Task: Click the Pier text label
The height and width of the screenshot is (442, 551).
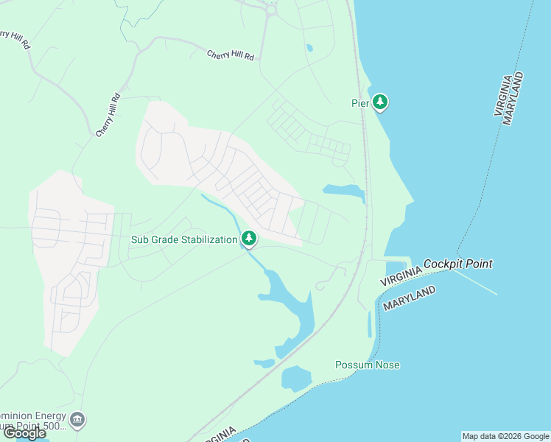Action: (359, 103)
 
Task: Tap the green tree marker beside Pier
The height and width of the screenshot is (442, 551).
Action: (379, 102)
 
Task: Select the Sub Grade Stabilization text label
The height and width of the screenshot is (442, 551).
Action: (184, 239)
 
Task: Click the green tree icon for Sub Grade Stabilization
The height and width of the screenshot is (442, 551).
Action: (249, 238)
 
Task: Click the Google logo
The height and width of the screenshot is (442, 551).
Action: (24, 433)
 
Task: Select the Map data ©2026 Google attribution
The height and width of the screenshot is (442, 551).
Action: (505, 436)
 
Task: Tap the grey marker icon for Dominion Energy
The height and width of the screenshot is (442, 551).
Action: (78, 421)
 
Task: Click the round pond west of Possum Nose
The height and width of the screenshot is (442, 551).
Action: (296, 378)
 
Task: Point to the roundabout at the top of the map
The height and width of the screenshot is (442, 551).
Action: (270, 10)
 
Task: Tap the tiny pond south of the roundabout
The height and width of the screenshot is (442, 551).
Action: (309, 49)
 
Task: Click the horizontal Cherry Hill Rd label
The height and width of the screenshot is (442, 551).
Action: (230, 55)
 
